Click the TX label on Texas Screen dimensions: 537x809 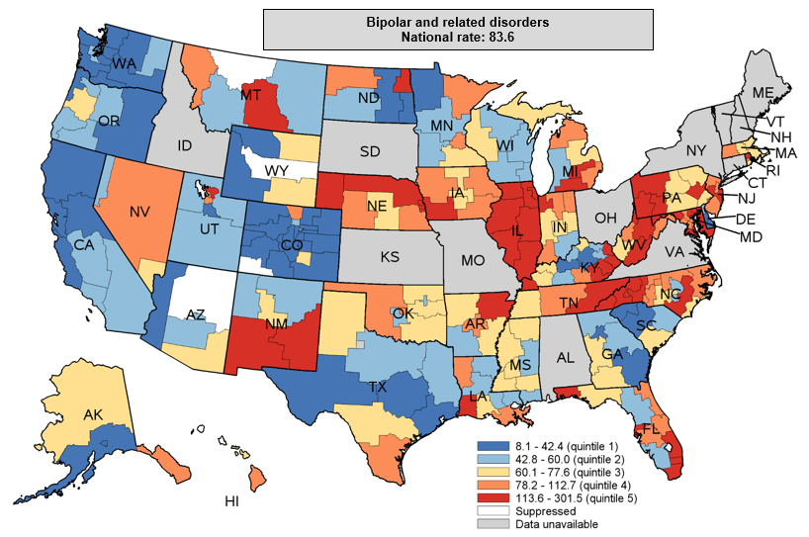coord(378,388)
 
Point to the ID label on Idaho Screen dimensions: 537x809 coord(184,145)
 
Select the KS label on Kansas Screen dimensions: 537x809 coord(391,256)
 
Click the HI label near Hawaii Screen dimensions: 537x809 coord(231,501)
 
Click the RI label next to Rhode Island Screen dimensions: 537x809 coord(773,169)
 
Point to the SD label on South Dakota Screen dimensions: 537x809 coord(369,151)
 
